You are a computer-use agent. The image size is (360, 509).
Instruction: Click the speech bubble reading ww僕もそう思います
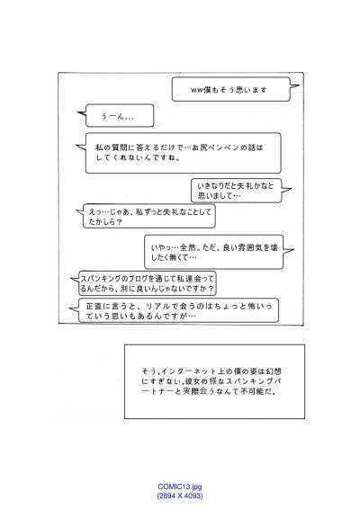click(230, 89)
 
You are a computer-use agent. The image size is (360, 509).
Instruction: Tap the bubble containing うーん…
click(120, 116)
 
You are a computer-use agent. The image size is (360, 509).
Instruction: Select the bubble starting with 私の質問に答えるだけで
click(183, 153)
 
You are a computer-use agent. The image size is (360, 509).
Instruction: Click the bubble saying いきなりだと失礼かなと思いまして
click(236, 191)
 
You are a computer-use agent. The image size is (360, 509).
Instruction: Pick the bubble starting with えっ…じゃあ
click(149, 216)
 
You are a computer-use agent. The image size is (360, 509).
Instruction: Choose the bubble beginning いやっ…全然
click(214, 252)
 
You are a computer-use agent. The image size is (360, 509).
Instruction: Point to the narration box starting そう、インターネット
click(214, 381)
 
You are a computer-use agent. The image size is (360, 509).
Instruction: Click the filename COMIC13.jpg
click(180, 487)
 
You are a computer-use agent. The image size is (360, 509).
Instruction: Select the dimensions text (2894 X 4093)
click(180, 496)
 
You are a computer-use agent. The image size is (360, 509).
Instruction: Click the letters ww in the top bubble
click(196, 90)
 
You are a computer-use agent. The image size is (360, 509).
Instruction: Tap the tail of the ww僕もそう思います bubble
click(294, 86)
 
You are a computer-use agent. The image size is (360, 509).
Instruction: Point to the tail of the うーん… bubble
click(81, 113)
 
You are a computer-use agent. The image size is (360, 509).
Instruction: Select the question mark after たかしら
click(119, 222)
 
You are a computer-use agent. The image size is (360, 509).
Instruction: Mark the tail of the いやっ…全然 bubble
click(289, 250)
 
